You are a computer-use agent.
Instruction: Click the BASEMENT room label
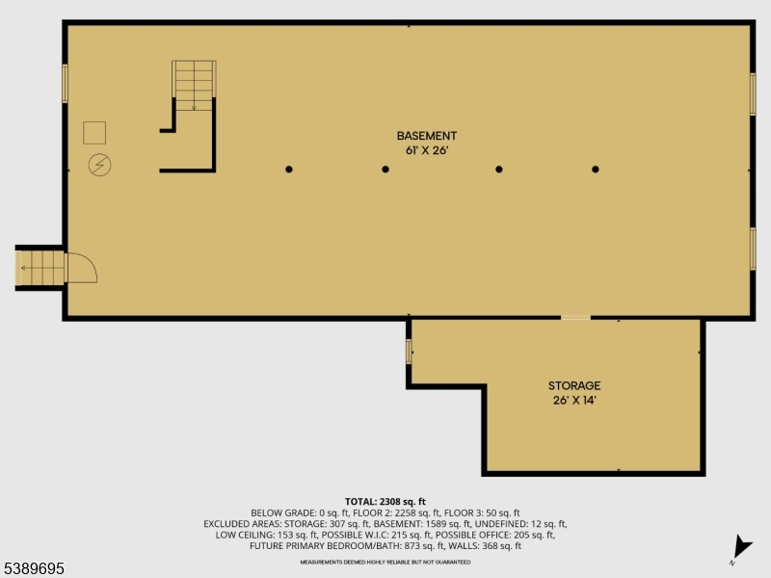pyautogui.click(x=426, y=136)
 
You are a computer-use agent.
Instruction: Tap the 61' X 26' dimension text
pyautogui.click(x=426, y=150)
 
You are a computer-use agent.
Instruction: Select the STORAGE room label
pyautogui.click(x=574, y=385)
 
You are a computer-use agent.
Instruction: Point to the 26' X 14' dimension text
pyautogui.click(x=574, y=400)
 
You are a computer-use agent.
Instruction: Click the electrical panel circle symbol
pyautogui.click(x=98, y=165)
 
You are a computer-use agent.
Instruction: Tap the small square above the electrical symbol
pyautogui.click(x=94, y=133)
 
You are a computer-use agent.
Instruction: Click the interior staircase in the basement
pyautogui.click(x=194, y=86)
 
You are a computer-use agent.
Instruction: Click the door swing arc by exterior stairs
pyautogui.click(x=82, y=267)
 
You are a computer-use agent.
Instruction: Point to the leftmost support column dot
pyautogui.click(x=289, y=170)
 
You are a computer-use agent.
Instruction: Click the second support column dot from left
pyautogui.click(x=385, y=170)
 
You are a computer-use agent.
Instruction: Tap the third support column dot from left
pyautogui.click(x=499, y=170)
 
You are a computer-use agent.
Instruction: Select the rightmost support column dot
pyautogui.click(x=596, y=170)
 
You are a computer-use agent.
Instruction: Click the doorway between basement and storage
pyautogui.click(x=576, y=317)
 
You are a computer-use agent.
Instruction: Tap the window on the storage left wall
pyautogui.click(x=409, y=352)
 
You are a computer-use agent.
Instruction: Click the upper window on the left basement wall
pyautogui.click(x=66, y=83)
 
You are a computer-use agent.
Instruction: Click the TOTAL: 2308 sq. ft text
pyautogui.click(x=385, y=501)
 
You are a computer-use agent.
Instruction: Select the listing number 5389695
pyautogui.click(x=34, y=569)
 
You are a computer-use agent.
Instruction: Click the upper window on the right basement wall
pyautogui.click(x=753, y=93)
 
